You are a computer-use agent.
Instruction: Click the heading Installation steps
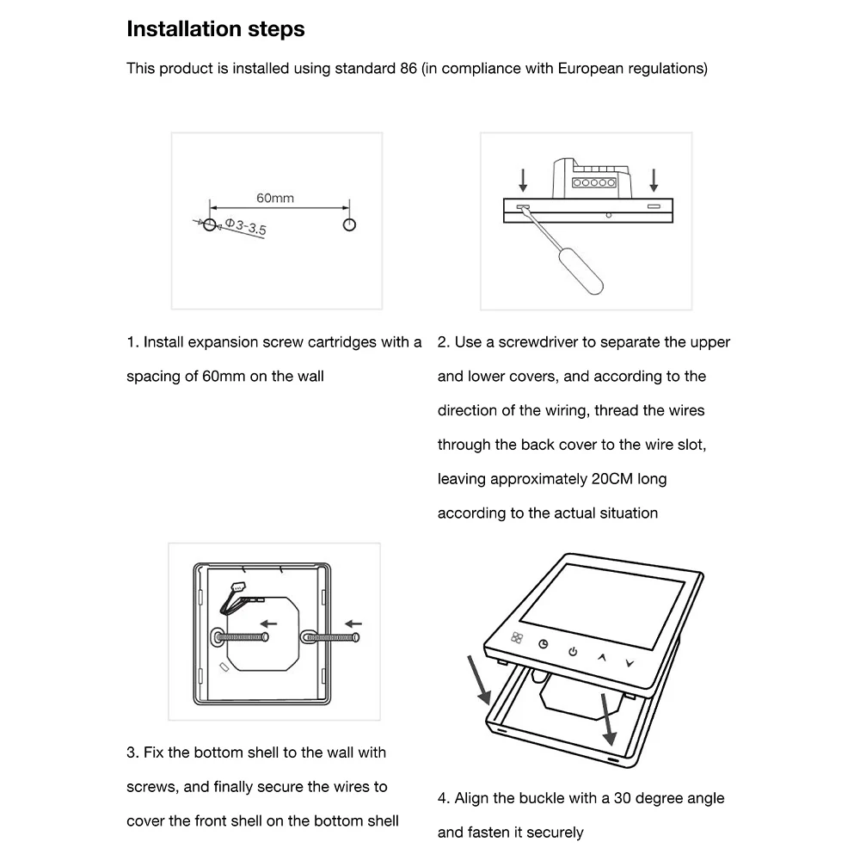(215, 29)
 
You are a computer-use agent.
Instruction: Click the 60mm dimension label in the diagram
(275, 198)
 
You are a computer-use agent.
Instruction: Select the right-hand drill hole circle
(349, 224)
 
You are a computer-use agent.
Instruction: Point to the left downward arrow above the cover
(522, 180)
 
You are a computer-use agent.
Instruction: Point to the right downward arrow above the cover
(654, 180)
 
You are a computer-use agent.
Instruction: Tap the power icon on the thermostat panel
(573, 651)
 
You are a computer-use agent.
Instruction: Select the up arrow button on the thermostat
(602, 657)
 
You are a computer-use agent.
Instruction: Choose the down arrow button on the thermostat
(630, 663)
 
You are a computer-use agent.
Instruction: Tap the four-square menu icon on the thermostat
(516, 637)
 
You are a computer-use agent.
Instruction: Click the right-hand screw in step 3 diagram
(331, 636)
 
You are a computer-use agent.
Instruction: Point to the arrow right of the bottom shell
(353, 623)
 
